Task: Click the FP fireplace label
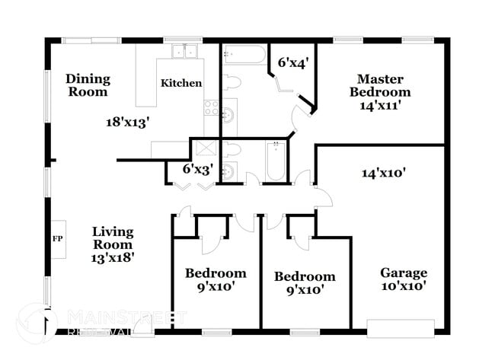[x=56, y=238]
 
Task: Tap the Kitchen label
[x=180, y=83]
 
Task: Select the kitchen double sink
[x=184, y=53]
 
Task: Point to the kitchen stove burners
[x=211, y=107]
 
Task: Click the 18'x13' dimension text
[x=127, y=120]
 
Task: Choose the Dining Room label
[x=88, y=85]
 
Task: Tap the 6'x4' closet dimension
[x=292, y=64]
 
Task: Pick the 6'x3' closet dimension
[x=197, y=169]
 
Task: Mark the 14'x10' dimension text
[x=382, y=173]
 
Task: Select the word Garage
[x=404, y=272]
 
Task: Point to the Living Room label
[x=113, y=238]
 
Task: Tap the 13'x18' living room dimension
[x=113, y=258]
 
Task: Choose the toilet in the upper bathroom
[x=232, y=81]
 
